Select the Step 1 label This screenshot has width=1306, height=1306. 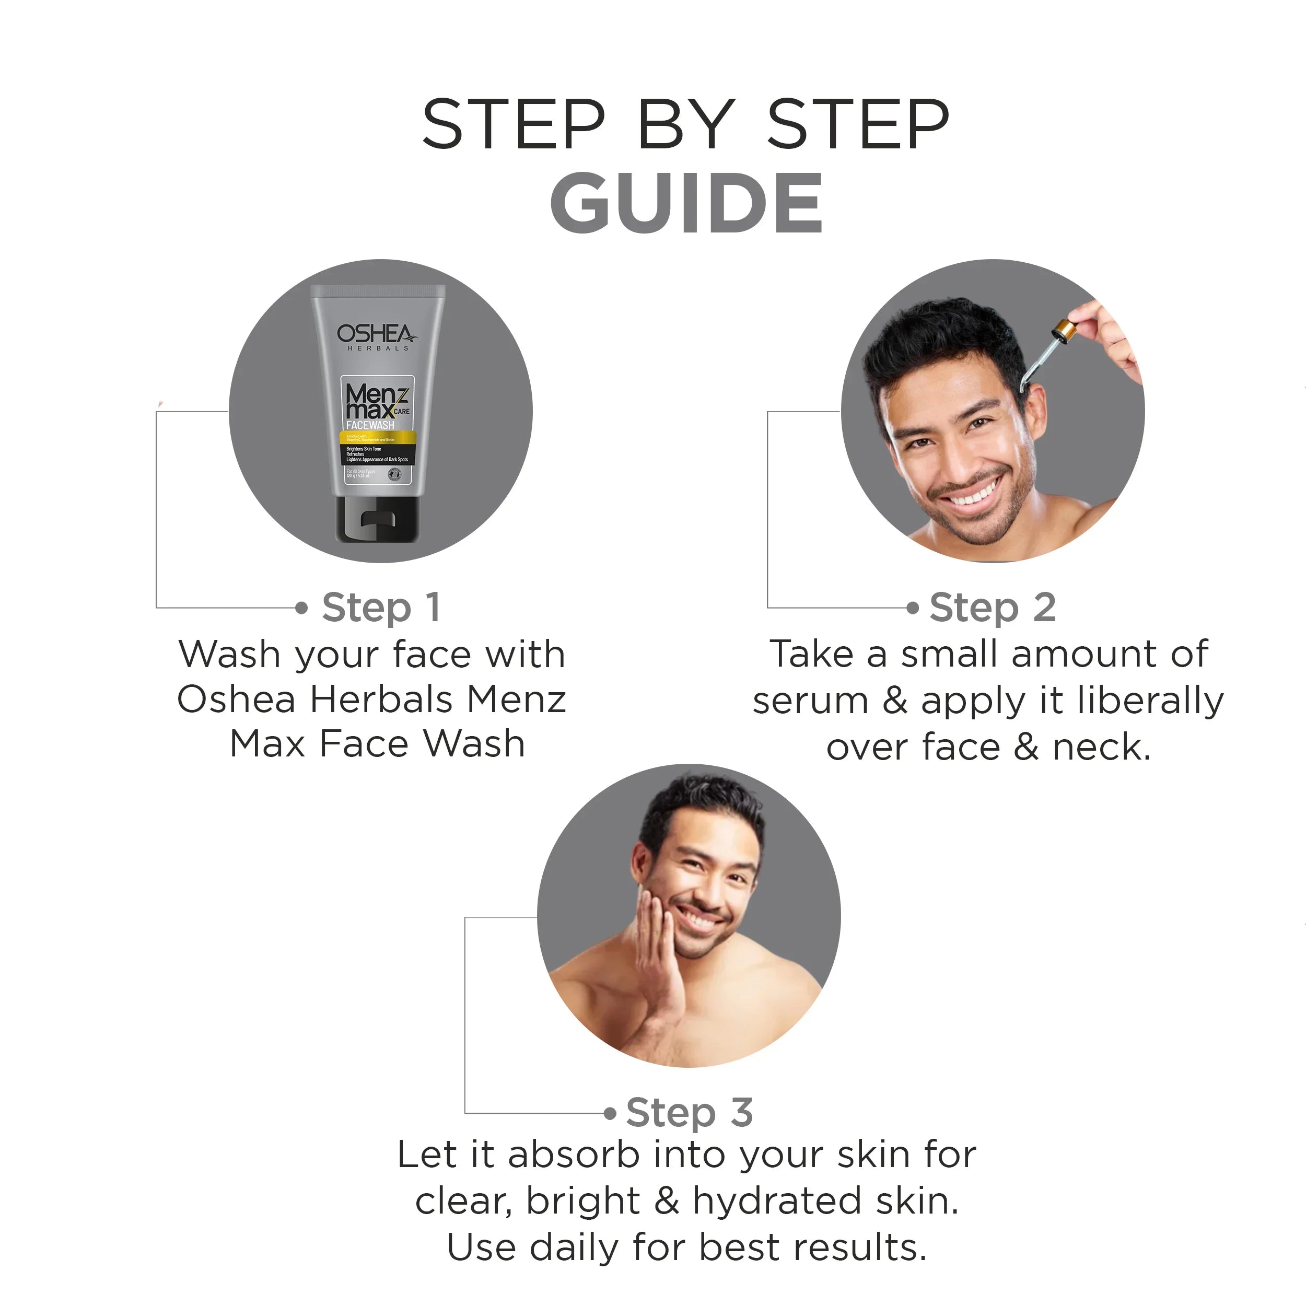click(381, 607)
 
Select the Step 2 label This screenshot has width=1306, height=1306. click(992, 607)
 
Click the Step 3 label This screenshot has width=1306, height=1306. click(689, 1112)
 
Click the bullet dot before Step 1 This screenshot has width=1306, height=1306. click(301, 608)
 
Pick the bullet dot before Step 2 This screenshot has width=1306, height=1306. click(913, 608)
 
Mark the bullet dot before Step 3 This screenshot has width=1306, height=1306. click(610, 1113)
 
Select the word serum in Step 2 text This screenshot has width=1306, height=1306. click(810, 701)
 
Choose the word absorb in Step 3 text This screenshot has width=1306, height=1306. click(573, 1155)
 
